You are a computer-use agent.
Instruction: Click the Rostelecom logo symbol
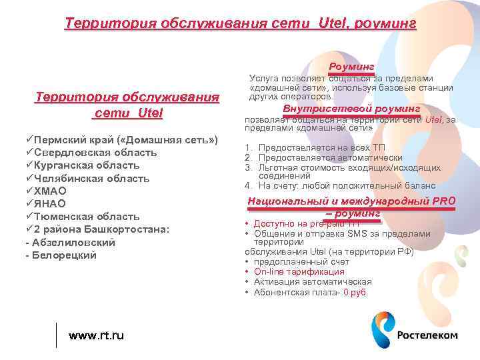[382, 331]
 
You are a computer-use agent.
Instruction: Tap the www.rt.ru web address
[97, 335]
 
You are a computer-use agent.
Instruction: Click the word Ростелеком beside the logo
[427, 335]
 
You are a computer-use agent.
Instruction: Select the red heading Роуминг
[351, 67]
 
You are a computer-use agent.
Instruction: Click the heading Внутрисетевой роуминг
[351, 109]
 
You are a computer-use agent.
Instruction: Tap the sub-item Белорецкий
[65, 255]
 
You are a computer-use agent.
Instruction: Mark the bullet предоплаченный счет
[301, 262]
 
